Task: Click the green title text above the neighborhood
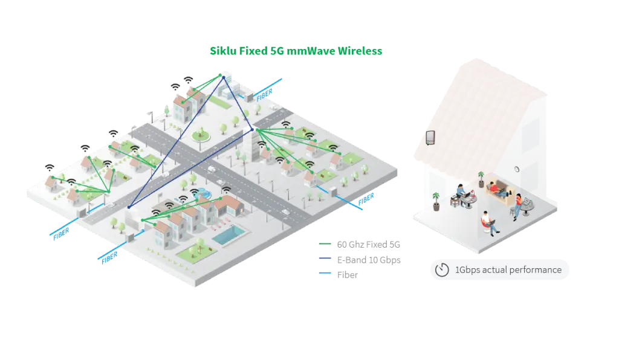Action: coord(296,51)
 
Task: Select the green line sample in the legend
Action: coord(324,244)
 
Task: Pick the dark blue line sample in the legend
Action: coord(324,260)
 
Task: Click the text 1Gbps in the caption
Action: coord(467,270)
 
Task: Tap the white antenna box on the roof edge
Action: coord(431,138)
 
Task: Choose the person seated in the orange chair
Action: coord(487,222)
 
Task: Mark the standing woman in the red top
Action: coord(517,205)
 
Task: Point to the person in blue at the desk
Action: coord(461,194)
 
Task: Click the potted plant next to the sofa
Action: coord(481,179)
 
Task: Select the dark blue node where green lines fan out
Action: coord(252,129)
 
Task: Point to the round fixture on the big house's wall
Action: coord(517,170)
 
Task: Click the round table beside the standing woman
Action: coord(527,207)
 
